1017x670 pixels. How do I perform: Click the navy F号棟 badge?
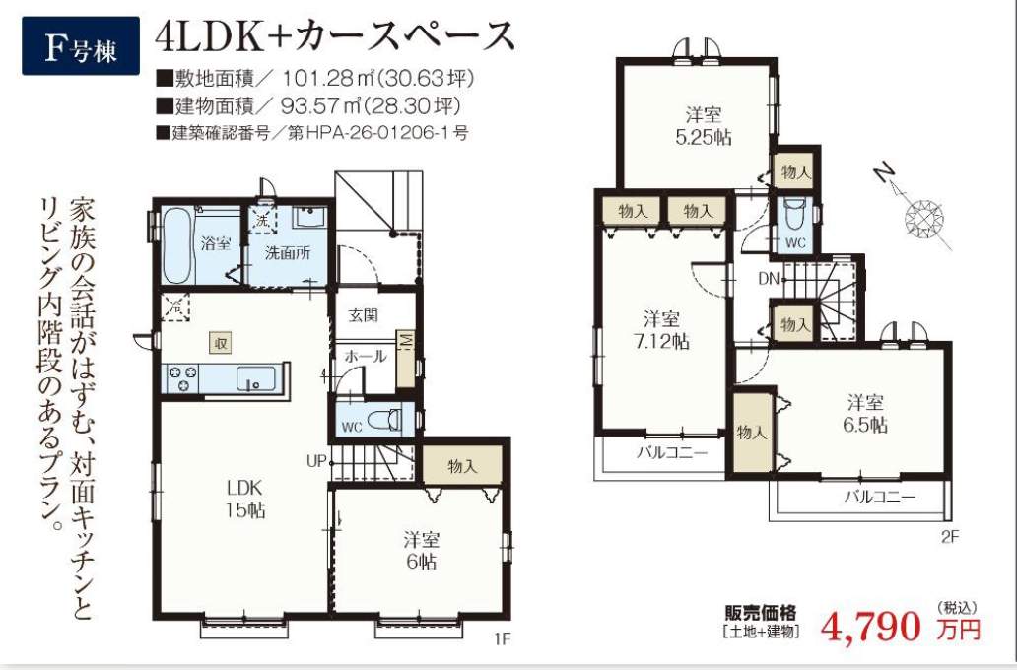pyautogui.click(x=81, y=45)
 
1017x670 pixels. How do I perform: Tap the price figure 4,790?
pyautogui.click(x=870, y=626)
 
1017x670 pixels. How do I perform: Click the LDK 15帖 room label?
pyautogui.click(x=244, y=499)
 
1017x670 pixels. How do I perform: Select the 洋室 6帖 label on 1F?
pyautogui.click(x=422, y=550)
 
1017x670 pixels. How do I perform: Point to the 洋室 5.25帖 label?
pyautogui.click(x=704, y=126)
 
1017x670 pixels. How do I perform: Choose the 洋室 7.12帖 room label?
pyautogui.click(x=661, y=329)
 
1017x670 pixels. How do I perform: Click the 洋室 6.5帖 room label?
pyautogui.click(x=865, y=414)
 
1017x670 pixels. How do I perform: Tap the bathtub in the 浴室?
pyautogui.click(x=176, y=245)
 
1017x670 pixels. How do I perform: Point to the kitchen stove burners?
pyautogui.click(x=183, y=378)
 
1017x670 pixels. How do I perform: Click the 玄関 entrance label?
pyautogui.click(x=363, y=316)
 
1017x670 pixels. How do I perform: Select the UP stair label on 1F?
pyautogui.click(x=316, y=462)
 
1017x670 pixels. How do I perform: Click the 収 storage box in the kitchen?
pyautogui.click(x=221, y=343)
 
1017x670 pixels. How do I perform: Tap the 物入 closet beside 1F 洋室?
pyautogui.click(x=462, y=466)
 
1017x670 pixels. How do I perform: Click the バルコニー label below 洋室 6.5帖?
pyautogui.click(x=879, y=498)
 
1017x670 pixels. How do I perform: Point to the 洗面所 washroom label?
pyautogui.click(x=288, y=253)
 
